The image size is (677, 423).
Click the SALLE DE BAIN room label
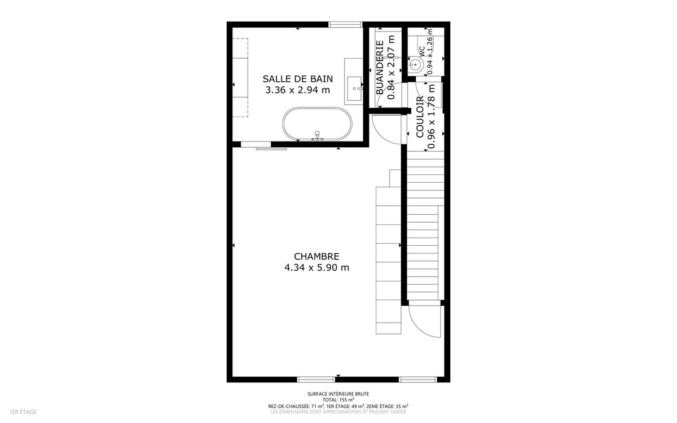pos(298,79)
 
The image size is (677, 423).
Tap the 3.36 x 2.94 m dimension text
pos(298,90)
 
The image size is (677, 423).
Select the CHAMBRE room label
pos(316,257)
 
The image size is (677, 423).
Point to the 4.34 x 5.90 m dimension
pos(316,268)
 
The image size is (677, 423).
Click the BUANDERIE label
pos(380,68)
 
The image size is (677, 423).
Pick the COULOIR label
pos(420,117)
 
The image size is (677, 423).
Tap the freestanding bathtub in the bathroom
pos(317,124)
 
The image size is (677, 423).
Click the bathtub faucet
pos(317,136)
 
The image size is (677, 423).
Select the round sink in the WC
pos(415,64)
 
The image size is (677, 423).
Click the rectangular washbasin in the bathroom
pos(354,89)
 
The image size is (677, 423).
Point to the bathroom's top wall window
pos(345,24)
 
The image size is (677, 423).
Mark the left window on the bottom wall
pos(316,380)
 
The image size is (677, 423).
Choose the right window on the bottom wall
pos(418,380)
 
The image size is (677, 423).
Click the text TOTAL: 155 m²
pos(338,400)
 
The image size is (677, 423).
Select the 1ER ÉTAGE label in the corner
pos(23,412)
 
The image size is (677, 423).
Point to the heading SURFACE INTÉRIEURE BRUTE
pos(338,394)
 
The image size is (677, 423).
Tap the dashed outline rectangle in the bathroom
pos(240,78)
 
